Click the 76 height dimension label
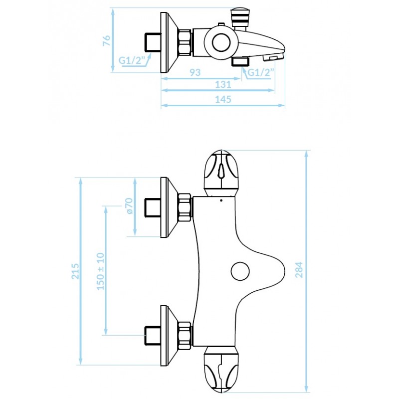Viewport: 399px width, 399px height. tap(107, 41)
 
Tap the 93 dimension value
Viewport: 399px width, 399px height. tap(195, 72)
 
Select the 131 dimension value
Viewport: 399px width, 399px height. tap(223, 84)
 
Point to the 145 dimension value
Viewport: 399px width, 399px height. tap(223, 99)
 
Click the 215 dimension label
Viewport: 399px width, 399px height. tap(75, 271)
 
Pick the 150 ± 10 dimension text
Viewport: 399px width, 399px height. tap(101, 271)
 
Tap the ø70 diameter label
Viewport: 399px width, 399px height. tap(129, 206)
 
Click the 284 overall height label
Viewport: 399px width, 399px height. tap(299, 270)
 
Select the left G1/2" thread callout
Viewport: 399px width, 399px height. tap(131, 60)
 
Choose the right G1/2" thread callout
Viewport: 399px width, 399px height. tap(260, 72)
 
